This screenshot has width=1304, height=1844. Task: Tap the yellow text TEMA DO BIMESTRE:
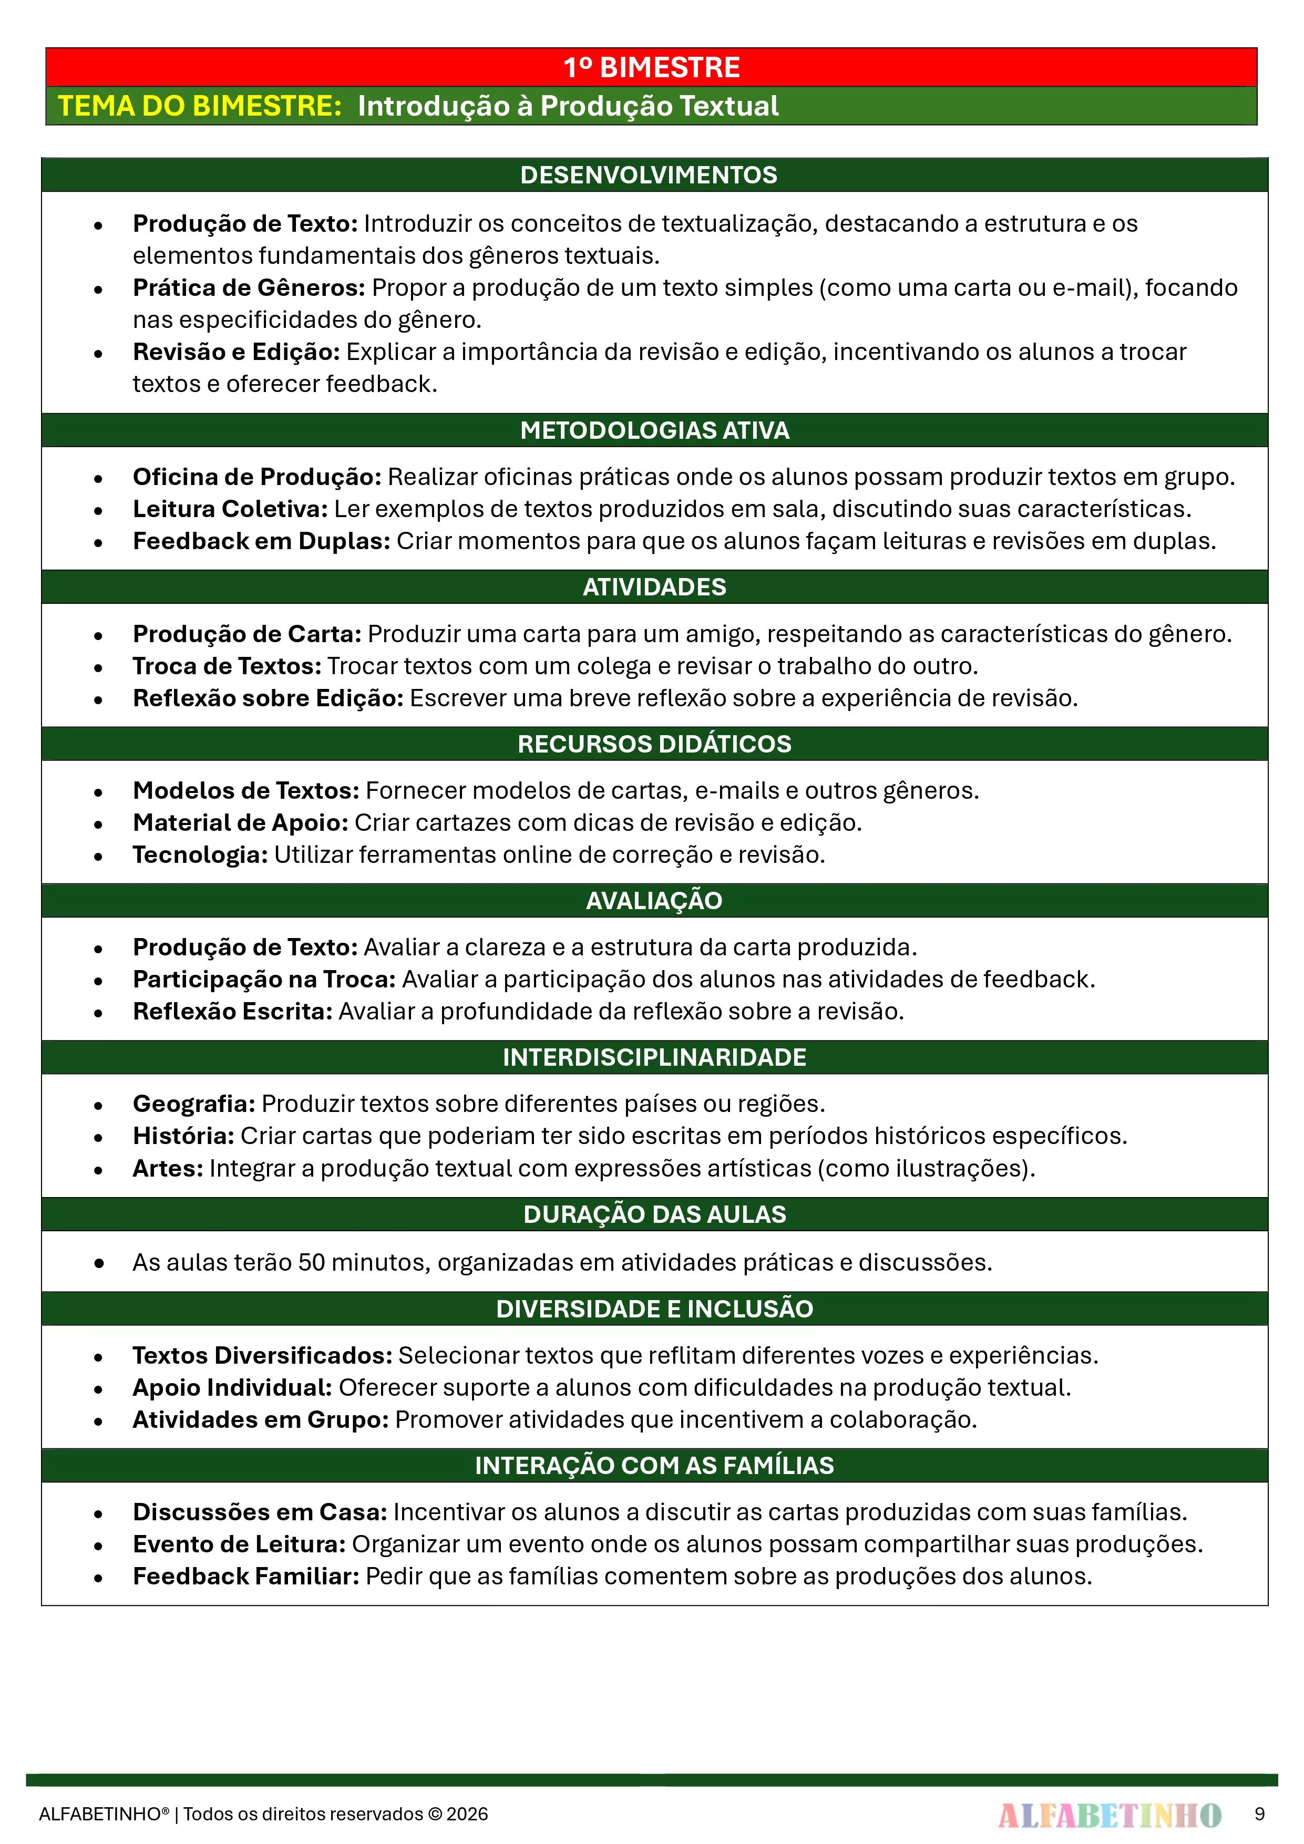click(x=200, y=106)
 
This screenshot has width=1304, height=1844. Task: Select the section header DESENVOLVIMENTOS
click(x=649, y=175)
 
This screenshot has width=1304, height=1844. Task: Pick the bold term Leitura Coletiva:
click(x=230, y=509)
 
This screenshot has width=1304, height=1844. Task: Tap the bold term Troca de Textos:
click(x=227, y=666)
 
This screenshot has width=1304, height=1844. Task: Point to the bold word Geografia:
click(x=193, y=1104)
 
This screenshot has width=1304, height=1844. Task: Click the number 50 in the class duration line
click(x=312, y=1263)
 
